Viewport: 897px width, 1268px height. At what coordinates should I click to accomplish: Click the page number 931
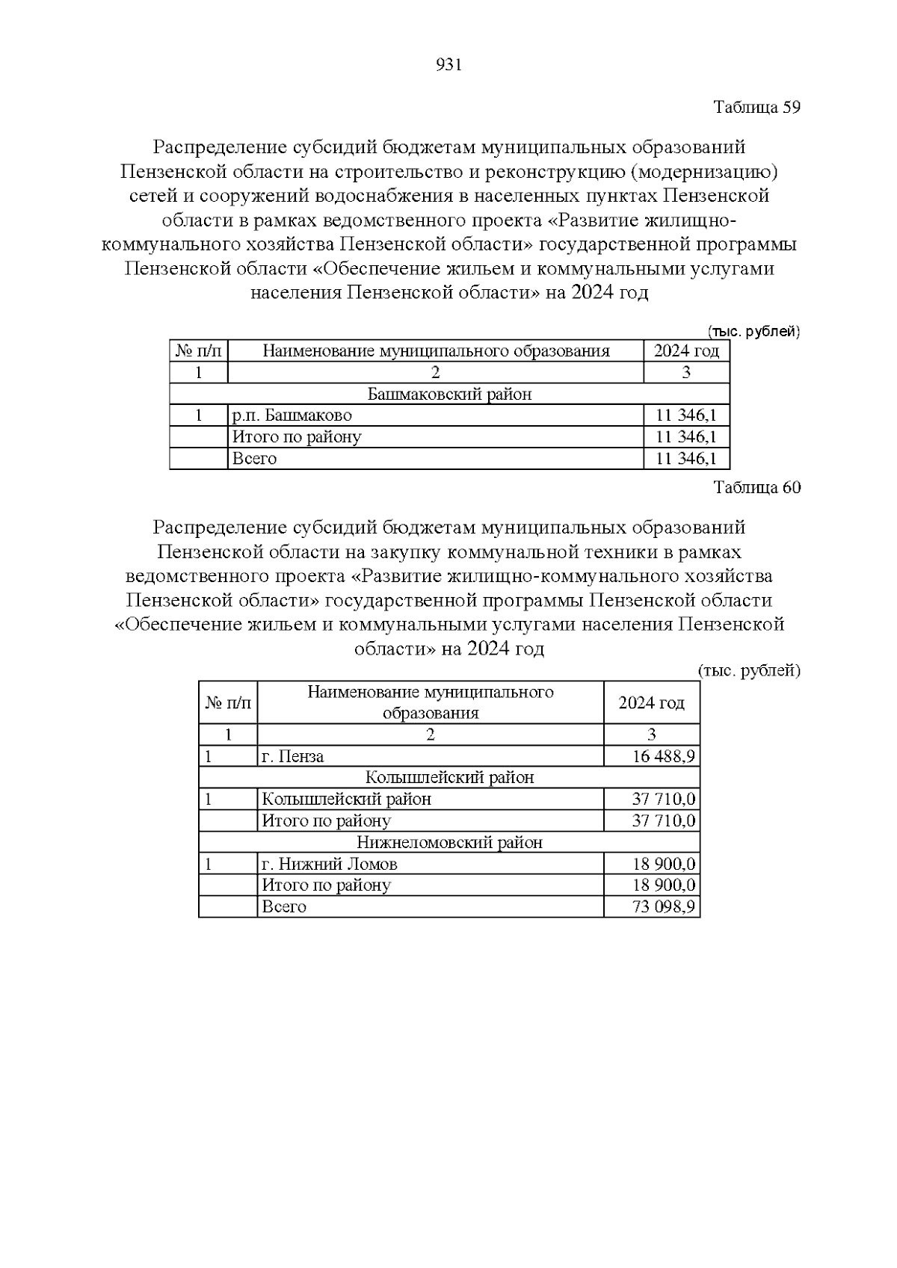449,65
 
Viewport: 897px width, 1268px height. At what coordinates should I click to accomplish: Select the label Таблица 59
756,107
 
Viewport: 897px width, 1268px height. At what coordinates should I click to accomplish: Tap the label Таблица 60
756,488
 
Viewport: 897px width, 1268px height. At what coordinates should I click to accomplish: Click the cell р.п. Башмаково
292,415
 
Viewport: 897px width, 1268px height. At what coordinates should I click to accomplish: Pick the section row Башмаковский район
449,394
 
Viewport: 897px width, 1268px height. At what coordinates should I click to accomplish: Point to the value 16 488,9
664,756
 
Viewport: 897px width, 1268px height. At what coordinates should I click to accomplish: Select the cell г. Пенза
293,756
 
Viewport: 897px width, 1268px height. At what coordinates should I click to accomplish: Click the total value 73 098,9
664,907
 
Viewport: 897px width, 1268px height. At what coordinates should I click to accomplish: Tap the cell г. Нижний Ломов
330,865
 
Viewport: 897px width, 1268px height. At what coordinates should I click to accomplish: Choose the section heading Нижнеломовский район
449,843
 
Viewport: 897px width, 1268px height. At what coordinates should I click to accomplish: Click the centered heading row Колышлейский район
449,778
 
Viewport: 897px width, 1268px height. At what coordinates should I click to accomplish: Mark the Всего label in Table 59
255,459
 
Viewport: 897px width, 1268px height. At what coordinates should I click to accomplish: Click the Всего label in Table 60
284,907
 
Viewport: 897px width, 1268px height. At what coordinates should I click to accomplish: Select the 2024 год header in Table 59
686,351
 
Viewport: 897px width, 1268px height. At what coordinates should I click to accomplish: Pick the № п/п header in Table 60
228,702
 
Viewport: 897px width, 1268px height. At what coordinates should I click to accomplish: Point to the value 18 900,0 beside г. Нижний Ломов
664,865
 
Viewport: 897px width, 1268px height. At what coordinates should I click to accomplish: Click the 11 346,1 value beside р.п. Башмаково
686,415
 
